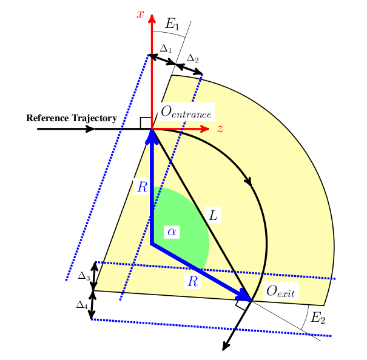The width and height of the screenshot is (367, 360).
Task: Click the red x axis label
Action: click(x=140, y=13)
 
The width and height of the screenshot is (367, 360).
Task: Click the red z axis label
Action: click(x=220, y=128)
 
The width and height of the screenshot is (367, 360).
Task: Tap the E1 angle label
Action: click(x=172, y=24)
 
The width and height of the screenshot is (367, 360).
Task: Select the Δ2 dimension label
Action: click(x=192, y=58)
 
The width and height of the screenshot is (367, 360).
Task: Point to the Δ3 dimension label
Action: click(x=84, y=276)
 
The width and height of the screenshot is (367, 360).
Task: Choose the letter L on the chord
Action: click(x=213, y=215)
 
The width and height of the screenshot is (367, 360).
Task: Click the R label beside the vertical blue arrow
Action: click(x=142, y=187)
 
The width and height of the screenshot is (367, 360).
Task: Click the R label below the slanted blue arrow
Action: click(x=192, y=281)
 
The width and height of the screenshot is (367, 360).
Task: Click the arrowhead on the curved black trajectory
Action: click(x=247, y=181)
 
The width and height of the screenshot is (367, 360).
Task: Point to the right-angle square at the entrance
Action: click(x=146, y=123)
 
